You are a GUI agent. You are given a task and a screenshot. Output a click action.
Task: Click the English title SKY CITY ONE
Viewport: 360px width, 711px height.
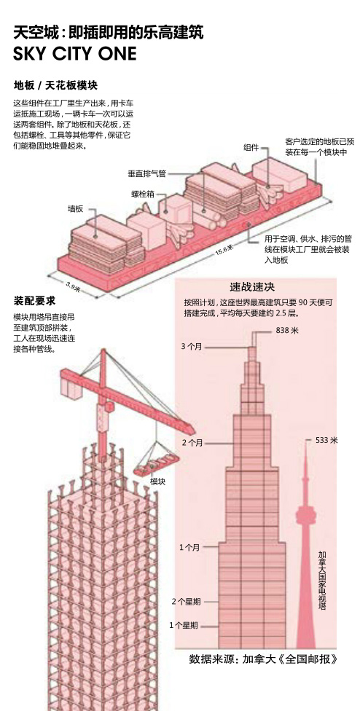(75, 53)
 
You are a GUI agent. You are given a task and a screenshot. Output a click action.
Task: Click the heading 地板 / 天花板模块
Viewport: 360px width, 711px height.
(55, 85)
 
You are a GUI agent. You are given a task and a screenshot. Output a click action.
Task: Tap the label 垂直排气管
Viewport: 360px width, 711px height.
(147, 173)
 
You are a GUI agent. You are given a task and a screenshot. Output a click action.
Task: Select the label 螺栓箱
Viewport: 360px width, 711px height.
(143, 194)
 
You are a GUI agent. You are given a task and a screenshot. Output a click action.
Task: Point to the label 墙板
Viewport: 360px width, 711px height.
(75, 208)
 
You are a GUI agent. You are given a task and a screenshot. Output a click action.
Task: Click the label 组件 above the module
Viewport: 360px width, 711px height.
(251, 147)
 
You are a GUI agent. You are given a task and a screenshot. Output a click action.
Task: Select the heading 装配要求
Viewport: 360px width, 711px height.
(34, 301)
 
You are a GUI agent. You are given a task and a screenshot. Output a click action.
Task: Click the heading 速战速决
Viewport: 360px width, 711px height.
(252, 287)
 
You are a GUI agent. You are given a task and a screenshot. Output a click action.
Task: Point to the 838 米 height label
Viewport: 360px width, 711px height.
(287, 331)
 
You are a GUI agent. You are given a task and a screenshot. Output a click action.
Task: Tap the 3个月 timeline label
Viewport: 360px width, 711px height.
(192, 347)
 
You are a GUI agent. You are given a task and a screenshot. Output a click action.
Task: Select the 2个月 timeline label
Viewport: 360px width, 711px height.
(192, 443)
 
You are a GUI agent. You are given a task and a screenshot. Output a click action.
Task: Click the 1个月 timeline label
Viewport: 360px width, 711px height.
(189, 547)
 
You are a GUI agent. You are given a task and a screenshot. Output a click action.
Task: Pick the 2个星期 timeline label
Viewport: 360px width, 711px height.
(186, 602)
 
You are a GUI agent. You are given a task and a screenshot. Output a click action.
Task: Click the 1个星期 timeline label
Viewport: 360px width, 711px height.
(184, 626)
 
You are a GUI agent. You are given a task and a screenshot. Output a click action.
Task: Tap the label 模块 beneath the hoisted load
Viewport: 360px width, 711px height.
(158, 481)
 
